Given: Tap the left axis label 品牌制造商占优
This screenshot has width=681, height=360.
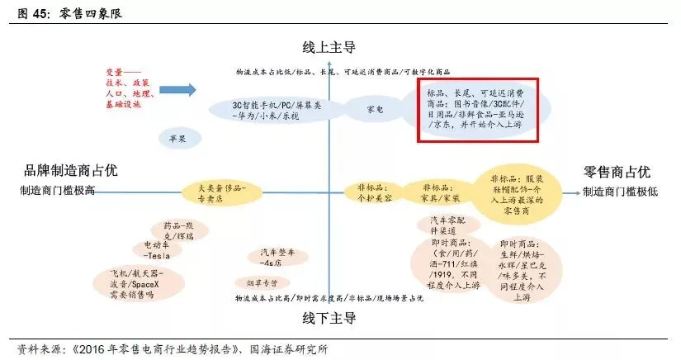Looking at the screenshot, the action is pos(71,171).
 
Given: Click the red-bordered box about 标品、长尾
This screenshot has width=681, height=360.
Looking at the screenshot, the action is pos(480,108).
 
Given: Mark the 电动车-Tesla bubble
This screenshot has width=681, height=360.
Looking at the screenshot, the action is pos(157,249).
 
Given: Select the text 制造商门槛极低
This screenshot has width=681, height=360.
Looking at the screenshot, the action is pos(616,192).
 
